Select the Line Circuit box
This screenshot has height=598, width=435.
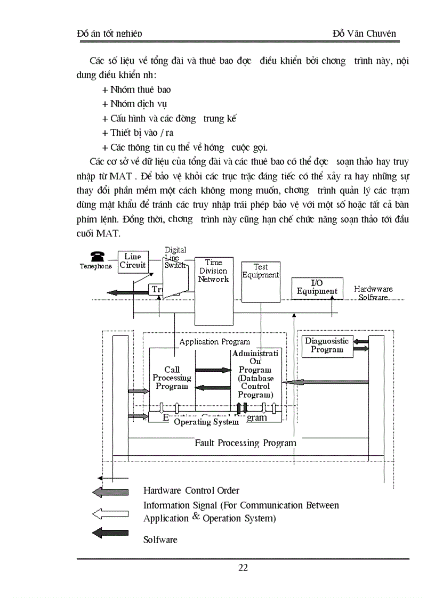[x=133, y=261]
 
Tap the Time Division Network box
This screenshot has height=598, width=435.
[x=213, y=271]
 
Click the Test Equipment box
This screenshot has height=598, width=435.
[x=260, y=271]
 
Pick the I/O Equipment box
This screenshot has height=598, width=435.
[x=317, y=288]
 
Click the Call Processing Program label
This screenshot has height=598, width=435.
[x=172, y=378]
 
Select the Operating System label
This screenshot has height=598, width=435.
[x=206, y=422]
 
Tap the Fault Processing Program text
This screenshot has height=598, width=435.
[x=245, y=443]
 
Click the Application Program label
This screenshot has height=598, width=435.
[x=214, y=342]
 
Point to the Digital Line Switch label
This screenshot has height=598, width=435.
[x=175, y=257]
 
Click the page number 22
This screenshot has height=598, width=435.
[x=243, y=568]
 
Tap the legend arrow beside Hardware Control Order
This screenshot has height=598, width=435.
[x=110, y=491]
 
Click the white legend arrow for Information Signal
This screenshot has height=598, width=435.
[x=110, y=514]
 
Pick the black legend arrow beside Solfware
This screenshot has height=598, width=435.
[x=110, y=533]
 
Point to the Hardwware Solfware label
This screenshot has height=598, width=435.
[x=373, y=293]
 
